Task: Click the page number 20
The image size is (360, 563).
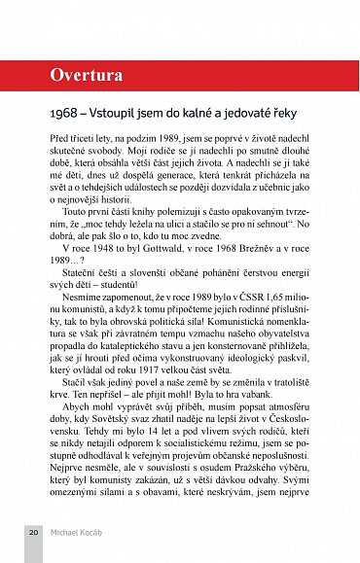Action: point(33,534)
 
